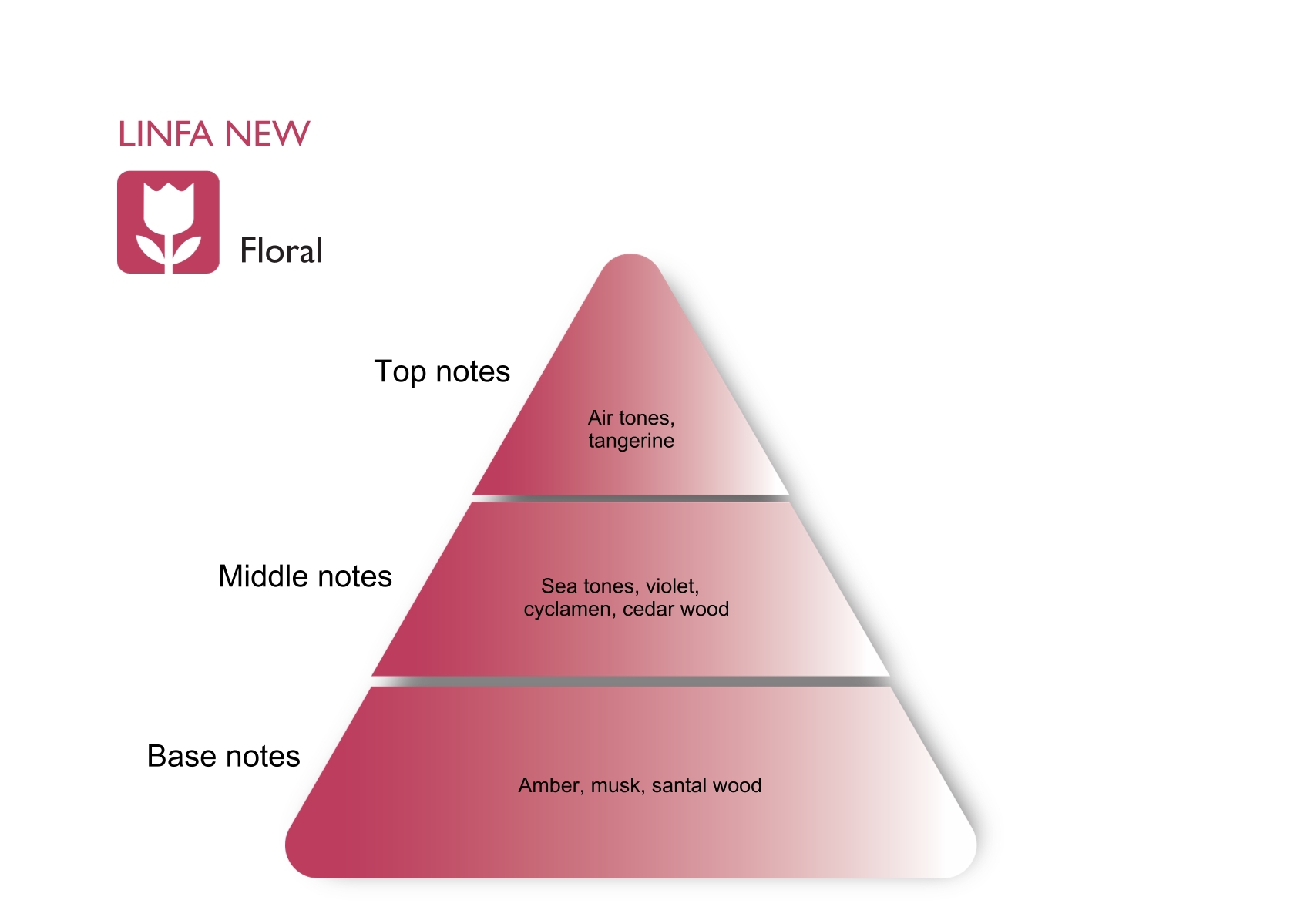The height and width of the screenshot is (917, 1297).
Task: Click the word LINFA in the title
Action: (x=165, y=134)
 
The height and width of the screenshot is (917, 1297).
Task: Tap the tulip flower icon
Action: (x=168, y=222)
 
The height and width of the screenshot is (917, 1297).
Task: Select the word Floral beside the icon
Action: (x=281, y=251)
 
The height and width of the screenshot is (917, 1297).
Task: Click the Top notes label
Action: (x=442, y=371)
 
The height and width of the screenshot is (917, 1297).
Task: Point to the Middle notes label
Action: (x=305, y=576)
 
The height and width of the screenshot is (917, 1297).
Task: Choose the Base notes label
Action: (x=223, y=756)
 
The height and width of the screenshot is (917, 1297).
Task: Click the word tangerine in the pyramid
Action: (x=631, y=441)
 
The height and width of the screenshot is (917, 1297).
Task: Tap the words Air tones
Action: (x=630, y=418)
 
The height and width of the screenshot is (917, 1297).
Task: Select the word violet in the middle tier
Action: (x=672, y=586)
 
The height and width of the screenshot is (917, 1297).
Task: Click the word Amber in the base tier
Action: (x=551, y=785)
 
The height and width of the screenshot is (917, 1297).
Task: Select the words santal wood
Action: (x=707, y=785)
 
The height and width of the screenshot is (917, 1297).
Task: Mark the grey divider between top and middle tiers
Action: (x=630, y=499)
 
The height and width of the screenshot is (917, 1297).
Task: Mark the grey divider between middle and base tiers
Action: (x=630, y=681)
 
